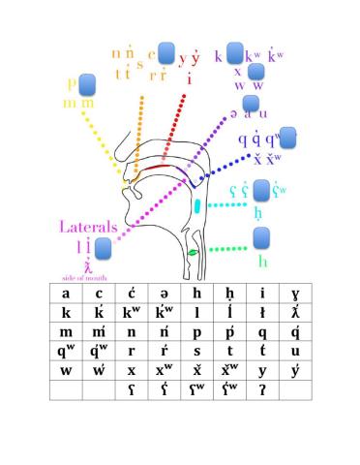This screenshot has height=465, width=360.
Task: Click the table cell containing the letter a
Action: click(65, 294)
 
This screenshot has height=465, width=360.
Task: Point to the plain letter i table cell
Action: click(262, 294)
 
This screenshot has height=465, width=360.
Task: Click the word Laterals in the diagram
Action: click(88, 228)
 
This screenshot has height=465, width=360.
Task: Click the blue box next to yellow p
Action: click(86, 84)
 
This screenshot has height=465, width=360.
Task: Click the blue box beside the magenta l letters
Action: click(102, 249)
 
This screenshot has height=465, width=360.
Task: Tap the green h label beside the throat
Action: click(261, 261)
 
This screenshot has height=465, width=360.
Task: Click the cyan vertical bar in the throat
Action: click(197, 205)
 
